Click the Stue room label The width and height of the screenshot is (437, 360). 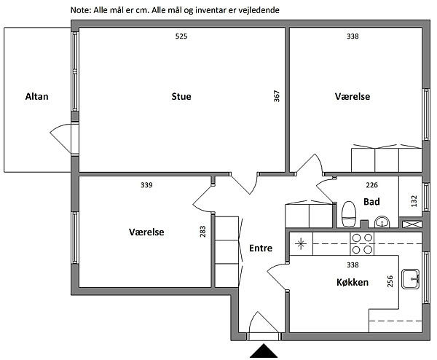[181, 96]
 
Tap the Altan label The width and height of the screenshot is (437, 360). [37, 96]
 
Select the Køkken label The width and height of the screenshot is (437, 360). [353, 282]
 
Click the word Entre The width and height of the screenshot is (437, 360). [261, 248]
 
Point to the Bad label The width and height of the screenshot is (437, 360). [371, 201]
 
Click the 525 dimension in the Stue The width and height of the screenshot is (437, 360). [181, 36]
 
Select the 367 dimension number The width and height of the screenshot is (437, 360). [277, 96]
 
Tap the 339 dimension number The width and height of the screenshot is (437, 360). [146, 185]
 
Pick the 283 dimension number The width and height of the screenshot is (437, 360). [202, 232]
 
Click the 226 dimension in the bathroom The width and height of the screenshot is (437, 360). [371, 185]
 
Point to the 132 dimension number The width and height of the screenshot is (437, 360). [414, 201]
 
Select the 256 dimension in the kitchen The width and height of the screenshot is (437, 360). [390, 281]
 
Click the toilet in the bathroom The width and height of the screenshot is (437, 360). [349, 214]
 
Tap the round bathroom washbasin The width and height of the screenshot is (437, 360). [382, 222]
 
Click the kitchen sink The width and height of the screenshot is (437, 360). [410, 278]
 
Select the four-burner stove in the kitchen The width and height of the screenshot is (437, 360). [362, 243]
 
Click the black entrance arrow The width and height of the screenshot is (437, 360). [264, 351]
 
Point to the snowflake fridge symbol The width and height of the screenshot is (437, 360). [301, 244]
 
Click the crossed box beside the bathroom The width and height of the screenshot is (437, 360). [412, 224]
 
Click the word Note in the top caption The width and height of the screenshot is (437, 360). [80, 10]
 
